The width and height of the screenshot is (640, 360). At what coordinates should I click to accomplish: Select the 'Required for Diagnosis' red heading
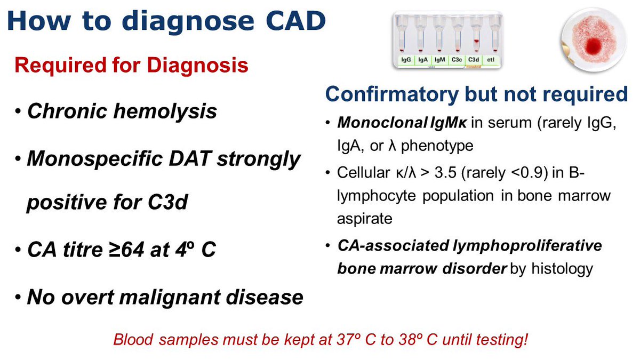131,66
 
